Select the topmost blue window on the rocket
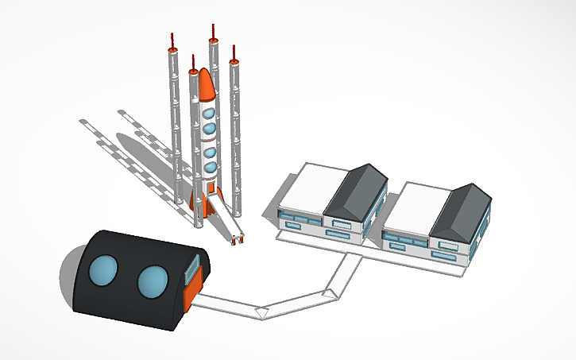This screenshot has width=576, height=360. [209, 110]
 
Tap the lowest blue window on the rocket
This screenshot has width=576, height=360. [210, 168]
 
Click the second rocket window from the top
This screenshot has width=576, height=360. [210, 128]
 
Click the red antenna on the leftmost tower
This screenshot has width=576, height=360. [172, 41]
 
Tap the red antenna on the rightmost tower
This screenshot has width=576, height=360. [234, 52]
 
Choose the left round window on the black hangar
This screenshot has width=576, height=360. [103, 273]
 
